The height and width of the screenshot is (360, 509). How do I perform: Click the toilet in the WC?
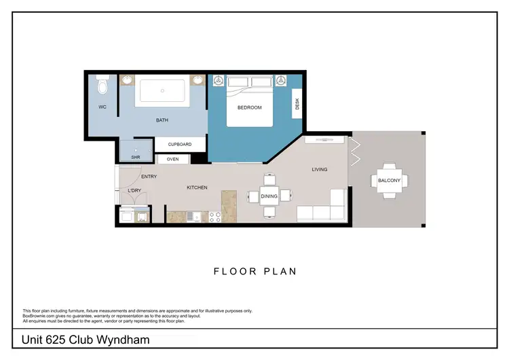tap(102, 85)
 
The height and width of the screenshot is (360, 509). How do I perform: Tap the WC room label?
tap(102, 107)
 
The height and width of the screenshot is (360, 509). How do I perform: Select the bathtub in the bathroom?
tap(163, 90)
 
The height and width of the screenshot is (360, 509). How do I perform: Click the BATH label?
tap(162, 120)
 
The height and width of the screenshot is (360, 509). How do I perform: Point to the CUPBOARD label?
tap(180, 145)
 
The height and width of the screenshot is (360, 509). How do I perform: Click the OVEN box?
tap(172, 160)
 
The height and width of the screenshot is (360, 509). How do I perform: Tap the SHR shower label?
tap(135, 158)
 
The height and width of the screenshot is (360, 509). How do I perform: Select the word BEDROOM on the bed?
tap(249, 107)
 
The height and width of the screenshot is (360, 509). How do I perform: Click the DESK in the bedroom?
tap(297, 105)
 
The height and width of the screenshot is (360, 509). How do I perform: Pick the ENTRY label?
tap(149, 177)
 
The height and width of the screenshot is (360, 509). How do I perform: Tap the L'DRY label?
tap(134, 191)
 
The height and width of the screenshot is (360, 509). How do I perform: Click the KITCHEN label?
tap(197, 187)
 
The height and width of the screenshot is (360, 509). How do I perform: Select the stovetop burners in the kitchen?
tap(214, 217)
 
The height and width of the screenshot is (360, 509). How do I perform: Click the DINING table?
tap(269, 196)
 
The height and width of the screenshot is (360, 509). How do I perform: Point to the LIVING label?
tap(320, 169)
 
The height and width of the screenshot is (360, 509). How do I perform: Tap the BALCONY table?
tap(389, 181)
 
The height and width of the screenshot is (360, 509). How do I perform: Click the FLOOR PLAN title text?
tap(254, 271)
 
